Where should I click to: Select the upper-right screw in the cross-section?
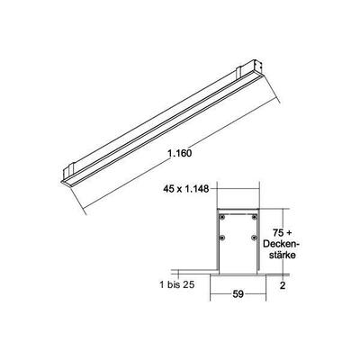[x=256, y=218]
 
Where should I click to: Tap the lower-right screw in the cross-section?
[x=256, y=238]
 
